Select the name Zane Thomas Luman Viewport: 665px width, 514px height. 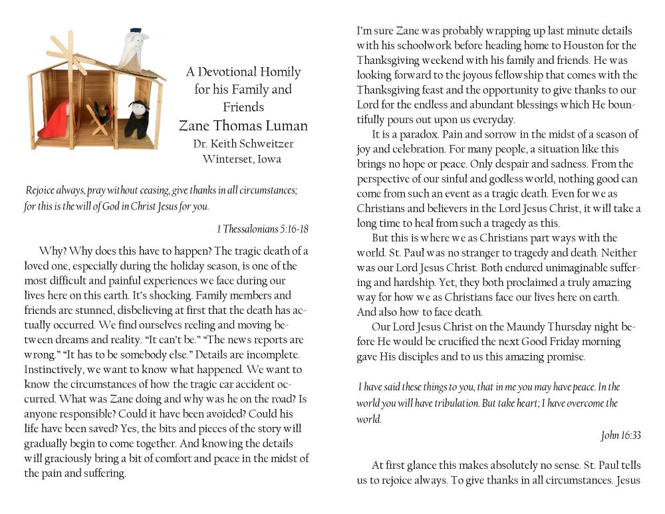(243, 126)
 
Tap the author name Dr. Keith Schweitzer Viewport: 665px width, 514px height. (243, 143)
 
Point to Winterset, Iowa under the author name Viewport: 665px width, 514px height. (243, 159)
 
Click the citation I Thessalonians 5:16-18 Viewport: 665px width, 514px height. (263, 229)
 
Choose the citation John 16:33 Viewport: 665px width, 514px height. (620, 436)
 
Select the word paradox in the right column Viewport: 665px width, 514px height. (416, 135)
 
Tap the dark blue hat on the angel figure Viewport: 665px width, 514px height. (135, 31)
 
